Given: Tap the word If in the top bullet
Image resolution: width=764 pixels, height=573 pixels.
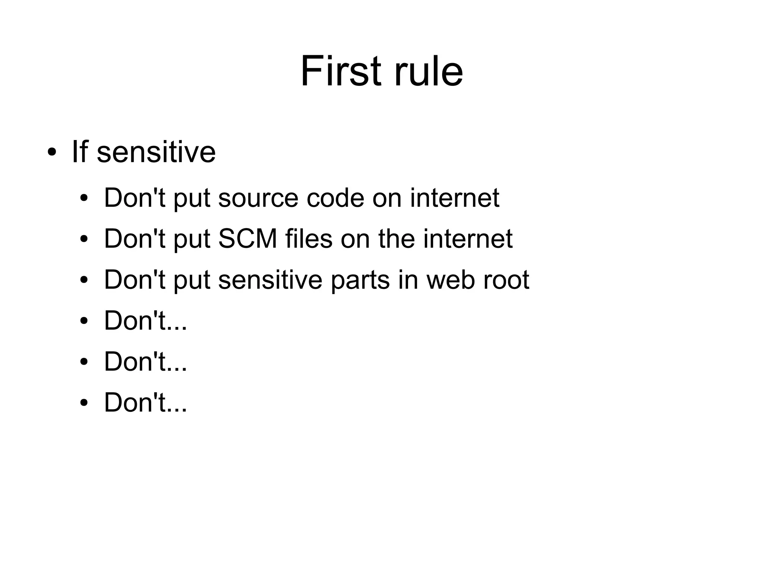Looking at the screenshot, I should coord(79,152).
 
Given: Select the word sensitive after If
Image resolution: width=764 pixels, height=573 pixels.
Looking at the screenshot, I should coord(156,152).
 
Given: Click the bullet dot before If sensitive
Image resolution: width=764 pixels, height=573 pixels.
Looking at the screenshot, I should coord(52,153).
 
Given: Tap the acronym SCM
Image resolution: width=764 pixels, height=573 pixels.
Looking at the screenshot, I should coord(248,239).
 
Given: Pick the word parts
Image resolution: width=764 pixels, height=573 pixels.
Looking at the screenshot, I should coord(360,280).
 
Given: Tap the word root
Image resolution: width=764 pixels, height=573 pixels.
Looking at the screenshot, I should coord(506,280).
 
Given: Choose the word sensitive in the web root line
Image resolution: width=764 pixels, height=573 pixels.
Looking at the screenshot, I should coord(270,280).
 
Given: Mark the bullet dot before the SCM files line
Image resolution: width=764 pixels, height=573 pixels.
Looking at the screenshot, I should coord(84,239).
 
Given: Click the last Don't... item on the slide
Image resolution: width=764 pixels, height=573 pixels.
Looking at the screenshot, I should coord(145,403).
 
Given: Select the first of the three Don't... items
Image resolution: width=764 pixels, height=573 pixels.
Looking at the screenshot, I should coord(145,321).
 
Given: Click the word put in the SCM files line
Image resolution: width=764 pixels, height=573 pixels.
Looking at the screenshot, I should coord(192,240).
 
